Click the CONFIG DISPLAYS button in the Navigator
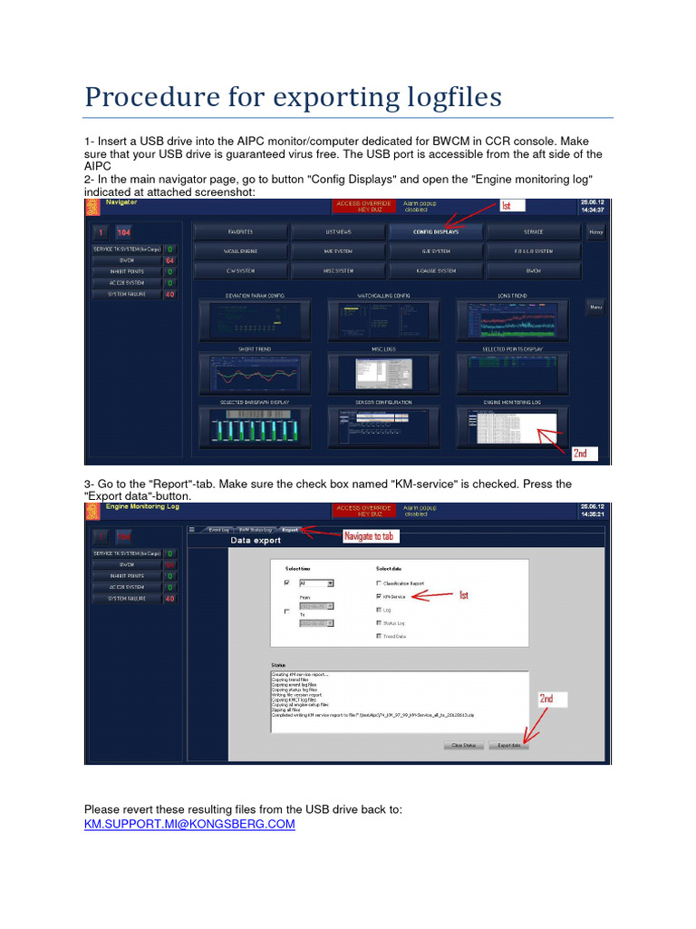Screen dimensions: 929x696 [x=436, y=231]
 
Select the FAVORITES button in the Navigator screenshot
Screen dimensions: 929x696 [x=240, y=231]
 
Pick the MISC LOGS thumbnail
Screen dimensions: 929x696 [x=384, y=372]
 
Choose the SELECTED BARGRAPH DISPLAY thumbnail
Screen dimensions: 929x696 [x=254, y=425]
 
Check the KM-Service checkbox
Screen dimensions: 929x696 [x=379, y=596]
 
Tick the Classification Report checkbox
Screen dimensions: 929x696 [x=379, y=582]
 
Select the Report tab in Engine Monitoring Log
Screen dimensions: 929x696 [x=289, y=529]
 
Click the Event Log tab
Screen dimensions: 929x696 [x=217, y=529]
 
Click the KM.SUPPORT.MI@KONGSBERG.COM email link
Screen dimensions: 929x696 [x=189, y=824]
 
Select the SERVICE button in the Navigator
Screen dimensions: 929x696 [x=533, y=231]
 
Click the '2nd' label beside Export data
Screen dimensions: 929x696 [x=547, y=699]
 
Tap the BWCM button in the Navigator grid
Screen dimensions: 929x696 [x=533, y=270]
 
